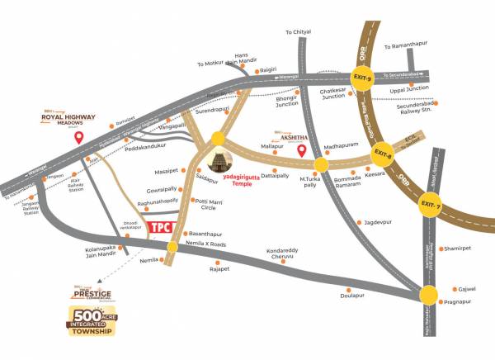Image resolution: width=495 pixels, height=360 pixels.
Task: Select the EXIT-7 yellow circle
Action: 427,202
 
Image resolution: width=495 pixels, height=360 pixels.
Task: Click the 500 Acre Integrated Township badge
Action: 92,323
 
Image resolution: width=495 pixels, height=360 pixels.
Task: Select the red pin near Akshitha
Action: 302,151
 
